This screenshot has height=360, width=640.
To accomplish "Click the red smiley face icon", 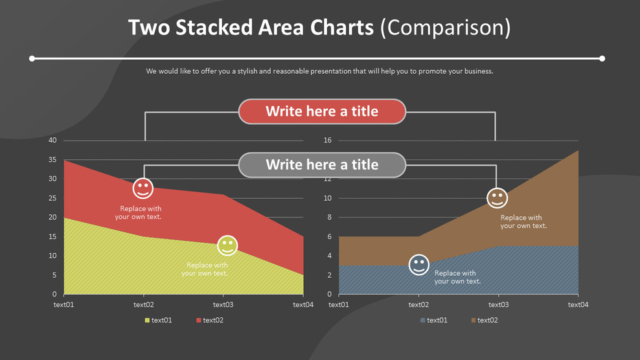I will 143,189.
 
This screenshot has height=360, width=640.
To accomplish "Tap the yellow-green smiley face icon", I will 227,246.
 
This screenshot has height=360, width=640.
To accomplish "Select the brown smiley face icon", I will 497,198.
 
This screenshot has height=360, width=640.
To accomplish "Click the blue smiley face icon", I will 419,265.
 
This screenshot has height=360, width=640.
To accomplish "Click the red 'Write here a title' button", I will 322,111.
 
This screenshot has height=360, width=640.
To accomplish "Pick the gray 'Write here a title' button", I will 322,164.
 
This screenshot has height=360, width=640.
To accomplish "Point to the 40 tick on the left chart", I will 52,141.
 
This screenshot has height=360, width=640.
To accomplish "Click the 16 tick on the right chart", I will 327,141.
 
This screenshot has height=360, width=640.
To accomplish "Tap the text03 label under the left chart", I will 223,304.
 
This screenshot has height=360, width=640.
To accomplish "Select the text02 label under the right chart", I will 418,304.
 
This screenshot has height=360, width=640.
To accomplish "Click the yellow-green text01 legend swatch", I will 147,321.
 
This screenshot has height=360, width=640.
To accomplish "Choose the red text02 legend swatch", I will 198,321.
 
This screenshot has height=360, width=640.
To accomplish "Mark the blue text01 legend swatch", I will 422,321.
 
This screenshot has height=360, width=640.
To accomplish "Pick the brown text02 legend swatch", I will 474,321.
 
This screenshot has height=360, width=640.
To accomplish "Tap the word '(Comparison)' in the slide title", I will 445,28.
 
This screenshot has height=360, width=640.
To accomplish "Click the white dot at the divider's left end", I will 32,59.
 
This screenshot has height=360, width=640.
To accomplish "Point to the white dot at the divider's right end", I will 602,59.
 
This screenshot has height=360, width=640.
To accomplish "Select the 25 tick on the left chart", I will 52,198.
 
